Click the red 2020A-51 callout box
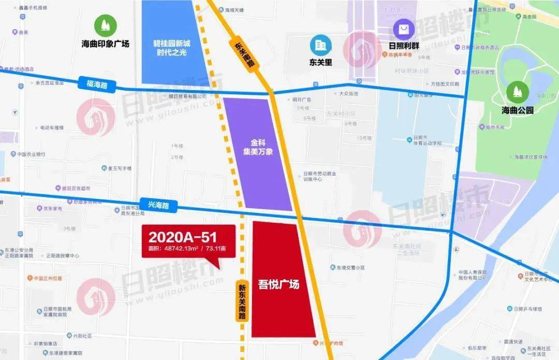coord(188,241)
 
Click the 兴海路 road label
coord(158,206)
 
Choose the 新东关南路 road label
coord(242,301)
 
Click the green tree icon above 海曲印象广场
coord(105,25)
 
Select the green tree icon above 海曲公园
coord(517,92)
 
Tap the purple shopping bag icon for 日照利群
coord(404,29)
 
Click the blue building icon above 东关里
coord(320,46)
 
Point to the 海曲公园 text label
coord(517,110)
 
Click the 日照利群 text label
coord(404,46)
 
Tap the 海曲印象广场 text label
coord(105,44)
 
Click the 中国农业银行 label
coord(31,154)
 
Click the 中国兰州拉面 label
coord(47,278)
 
